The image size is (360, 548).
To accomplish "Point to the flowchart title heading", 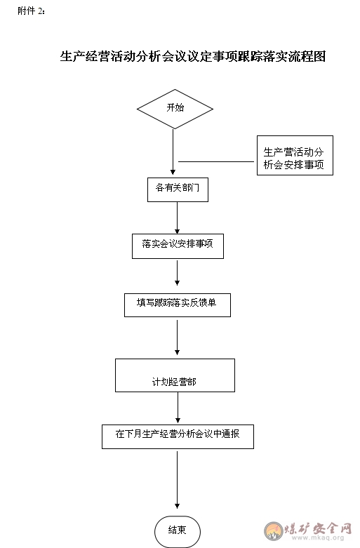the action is point(192,56).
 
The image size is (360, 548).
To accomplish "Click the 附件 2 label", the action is point(31,11).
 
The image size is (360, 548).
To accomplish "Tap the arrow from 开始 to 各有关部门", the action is point(173,152).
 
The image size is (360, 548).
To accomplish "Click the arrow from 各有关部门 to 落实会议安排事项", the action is point(178,218).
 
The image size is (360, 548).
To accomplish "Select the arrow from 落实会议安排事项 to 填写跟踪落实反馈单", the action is point(178,273).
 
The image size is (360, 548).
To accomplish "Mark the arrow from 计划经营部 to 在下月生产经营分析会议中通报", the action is point(178,408).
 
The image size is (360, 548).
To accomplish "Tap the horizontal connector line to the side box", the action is point(216,162).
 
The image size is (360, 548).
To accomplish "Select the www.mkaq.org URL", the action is point(318,538).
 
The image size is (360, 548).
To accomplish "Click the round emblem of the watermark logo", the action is point(273,531).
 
